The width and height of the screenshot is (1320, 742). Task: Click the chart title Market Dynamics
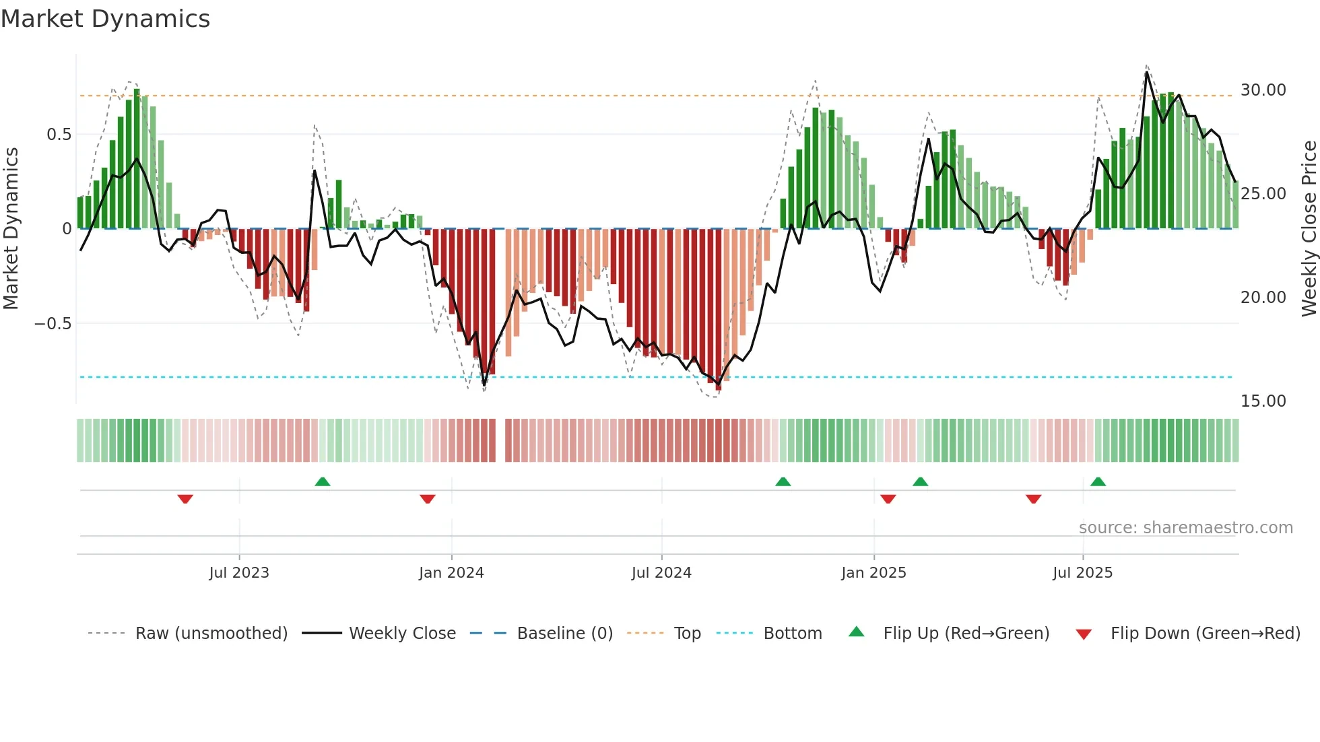[105, 19]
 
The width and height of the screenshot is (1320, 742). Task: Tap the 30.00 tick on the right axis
[1263, 90]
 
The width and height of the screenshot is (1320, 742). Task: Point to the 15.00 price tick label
[1263, 401]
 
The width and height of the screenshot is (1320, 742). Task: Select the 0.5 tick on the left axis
[59, 135]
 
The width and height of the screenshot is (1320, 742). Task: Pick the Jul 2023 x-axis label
[238, 573]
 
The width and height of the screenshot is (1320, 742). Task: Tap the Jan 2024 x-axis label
[451, 573]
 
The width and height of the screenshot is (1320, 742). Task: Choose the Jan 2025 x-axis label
[873, 573]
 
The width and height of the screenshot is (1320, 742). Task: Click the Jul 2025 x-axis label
[1082, 573]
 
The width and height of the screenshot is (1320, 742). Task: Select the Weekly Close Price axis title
[1309, 228]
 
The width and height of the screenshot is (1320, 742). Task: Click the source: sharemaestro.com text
[1185, 528]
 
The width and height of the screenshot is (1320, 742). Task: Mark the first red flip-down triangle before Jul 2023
[185, 499]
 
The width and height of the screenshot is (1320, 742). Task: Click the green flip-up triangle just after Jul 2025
[1098, 481]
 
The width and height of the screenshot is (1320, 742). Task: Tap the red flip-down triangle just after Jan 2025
[888, 499]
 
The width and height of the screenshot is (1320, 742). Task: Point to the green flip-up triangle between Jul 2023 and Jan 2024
[323, 481]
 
